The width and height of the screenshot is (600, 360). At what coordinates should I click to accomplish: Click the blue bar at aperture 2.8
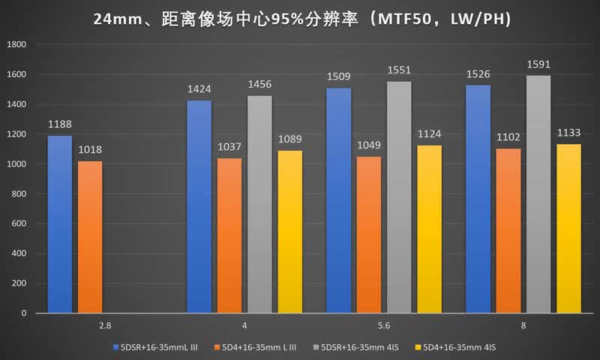coord(60,224)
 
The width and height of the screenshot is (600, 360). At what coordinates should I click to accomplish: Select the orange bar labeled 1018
coord(90,237)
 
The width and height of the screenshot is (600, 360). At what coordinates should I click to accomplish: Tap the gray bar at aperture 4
coord(259,204)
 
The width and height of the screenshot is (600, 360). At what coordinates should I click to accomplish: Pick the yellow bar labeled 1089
coord(290,232)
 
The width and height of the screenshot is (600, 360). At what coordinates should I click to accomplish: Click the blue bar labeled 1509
coord(339,200)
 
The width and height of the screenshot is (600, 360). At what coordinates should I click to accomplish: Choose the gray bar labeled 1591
coord(538,194)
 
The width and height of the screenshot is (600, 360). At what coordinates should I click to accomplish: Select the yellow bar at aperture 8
coord(568,229)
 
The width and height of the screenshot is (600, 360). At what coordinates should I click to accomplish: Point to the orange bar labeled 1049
coord(369,235)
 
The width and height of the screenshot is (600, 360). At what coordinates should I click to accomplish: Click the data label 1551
coord(399,70)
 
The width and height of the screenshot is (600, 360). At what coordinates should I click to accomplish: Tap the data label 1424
coord(199,89)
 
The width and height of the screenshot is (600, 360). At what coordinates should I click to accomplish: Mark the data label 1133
coord(568,133)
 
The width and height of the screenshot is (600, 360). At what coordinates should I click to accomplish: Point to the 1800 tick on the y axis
coord(16,44)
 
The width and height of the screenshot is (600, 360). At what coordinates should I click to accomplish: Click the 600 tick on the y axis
coord(19,223)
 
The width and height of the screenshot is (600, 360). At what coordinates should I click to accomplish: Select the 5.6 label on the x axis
coord(384,325)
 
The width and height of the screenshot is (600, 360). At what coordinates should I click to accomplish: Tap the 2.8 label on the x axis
coord(105,325)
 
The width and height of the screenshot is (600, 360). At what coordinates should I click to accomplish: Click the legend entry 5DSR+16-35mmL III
coord(155,347)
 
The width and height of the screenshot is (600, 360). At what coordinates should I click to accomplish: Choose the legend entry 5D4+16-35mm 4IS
coord(455,347)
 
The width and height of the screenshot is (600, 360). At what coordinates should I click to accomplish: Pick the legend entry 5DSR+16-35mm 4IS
coord(355,347)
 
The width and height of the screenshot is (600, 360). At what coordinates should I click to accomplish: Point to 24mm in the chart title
coord(118,19)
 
